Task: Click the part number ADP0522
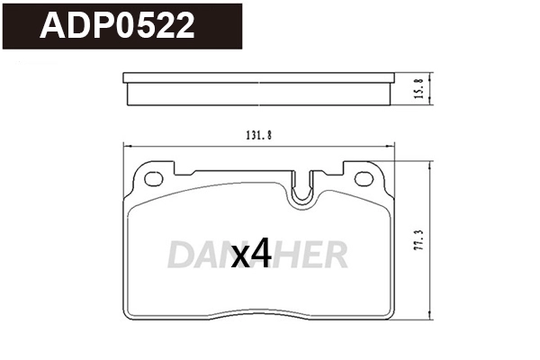point(117,27)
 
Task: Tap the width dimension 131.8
point(259,135)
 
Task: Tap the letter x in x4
point(240,259)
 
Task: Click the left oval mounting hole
point(155,177)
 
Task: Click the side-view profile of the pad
point(259,89)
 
